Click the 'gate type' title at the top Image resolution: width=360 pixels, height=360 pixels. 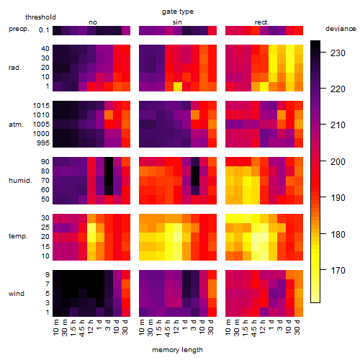[178, 12]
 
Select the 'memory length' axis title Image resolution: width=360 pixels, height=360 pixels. [177, 350]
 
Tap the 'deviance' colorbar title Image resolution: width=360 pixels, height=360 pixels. [341, 29]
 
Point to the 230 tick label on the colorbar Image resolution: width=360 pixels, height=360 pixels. [338, 53]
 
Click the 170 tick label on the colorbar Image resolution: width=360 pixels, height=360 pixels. [338, 271]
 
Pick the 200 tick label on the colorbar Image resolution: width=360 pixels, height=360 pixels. [338, 162]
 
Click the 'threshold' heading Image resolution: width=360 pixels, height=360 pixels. [40, 17]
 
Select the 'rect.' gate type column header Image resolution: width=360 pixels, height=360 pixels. [261, 22]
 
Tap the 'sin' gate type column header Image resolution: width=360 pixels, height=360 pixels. [177, 22]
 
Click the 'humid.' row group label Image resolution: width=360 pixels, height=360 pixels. [20, 181]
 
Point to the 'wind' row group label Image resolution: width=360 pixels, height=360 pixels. [17, 294]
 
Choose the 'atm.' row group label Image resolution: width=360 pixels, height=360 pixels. [16, 125]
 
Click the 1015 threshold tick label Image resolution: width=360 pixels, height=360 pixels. [41, 106]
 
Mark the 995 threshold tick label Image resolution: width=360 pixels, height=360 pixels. [43, 143]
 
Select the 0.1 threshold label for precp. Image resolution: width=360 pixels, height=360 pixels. [44, 30]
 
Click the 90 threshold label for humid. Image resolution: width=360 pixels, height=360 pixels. [45, 162]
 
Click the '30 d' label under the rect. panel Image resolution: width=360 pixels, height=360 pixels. [297, 327]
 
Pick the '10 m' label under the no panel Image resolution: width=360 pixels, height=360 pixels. [55, 328]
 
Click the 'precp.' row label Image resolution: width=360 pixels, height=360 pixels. [19, 29]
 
